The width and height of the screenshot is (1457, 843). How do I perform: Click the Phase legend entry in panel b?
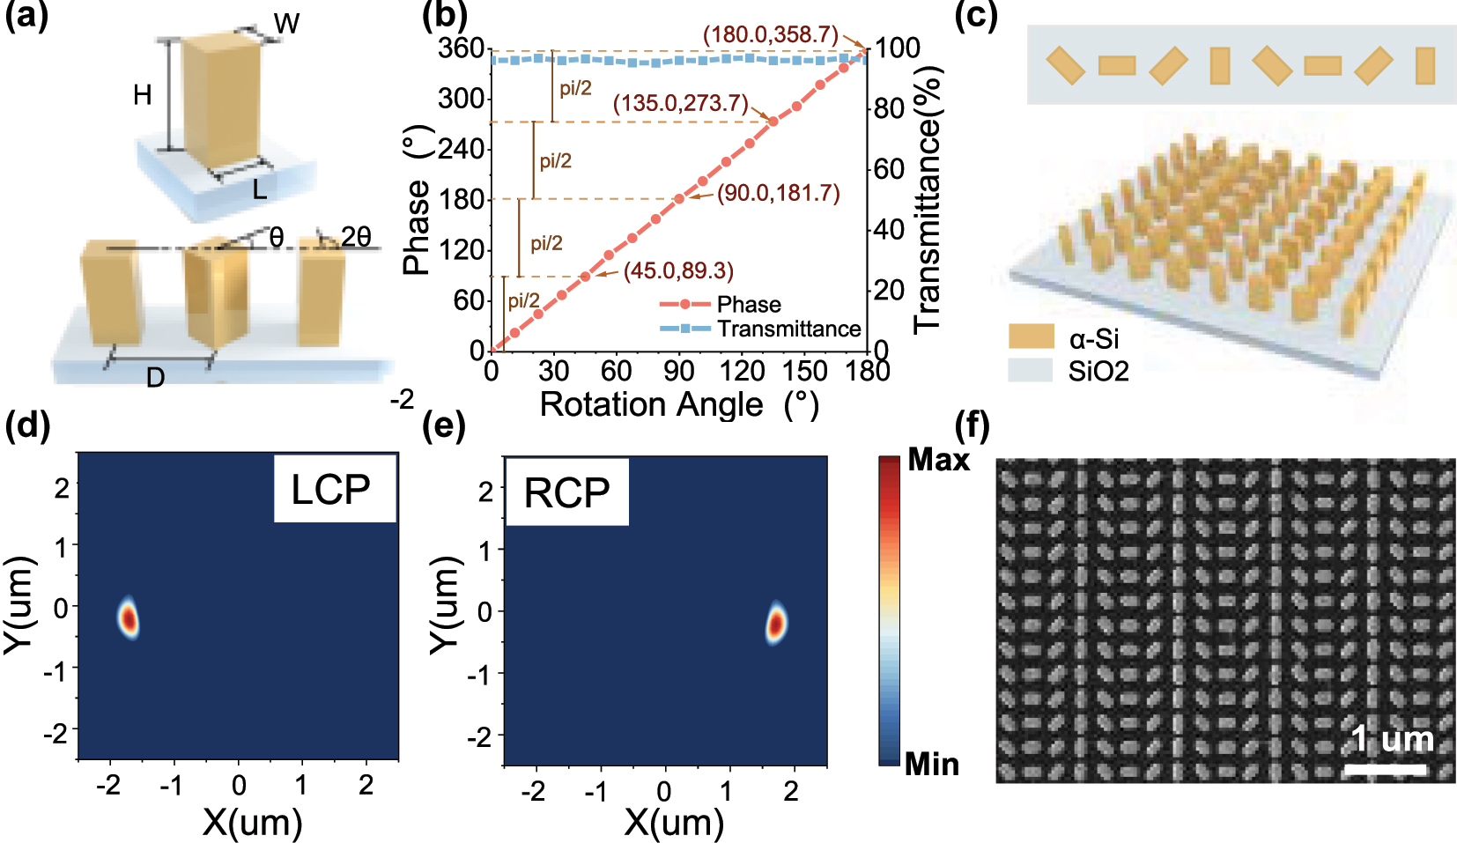pyautogui.click(x=748, y=305)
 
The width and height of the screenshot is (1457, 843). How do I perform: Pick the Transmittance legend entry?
pyautogui.click(x=788, y=329)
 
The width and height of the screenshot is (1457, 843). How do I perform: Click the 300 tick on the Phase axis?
pyautogui.click(x=461, y=98)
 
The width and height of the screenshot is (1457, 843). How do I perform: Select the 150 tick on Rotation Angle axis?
pyautogui.click(x=804, y=371)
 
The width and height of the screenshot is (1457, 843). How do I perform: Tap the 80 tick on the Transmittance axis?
pyautogui.click(x=889, y=109)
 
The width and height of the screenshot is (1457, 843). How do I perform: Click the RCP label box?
pyautogui.click(x=566, y=492)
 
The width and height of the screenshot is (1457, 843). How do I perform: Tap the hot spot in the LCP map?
pyautogui.click(x=129, y=617)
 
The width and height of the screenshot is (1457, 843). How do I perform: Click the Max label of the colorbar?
pyautogui.click(x=938, y=460)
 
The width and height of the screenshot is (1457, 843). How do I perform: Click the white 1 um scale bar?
pyautogui.click(x=1384, y=770)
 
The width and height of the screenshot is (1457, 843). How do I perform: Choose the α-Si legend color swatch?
pyautogui.click(x=1031, y=336)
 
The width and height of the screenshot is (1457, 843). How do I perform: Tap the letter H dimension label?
pyautogui.click(x=143, y=95)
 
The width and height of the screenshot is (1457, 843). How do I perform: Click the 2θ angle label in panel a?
pyautogui.click(x=356, y=237)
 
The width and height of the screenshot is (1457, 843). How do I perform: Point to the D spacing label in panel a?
pyautogui.click(x=155, y=378)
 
